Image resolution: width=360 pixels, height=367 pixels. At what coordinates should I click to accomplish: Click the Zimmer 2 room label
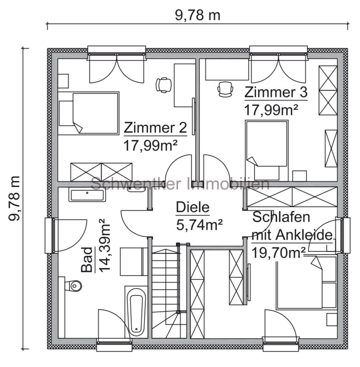coord(155,128)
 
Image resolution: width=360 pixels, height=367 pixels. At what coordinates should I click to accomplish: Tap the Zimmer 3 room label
coord(276,93)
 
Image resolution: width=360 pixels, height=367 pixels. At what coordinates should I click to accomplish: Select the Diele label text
coord(192,207)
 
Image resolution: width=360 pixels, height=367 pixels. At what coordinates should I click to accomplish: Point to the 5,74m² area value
coord(199,225)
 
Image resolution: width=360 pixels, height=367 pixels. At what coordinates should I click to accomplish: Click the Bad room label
coord(87,260)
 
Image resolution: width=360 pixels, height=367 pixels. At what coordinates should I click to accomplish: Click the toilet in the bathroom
coord(75,286)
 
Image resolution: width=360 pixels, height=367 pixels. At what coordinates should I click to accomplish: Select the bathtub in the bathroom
coord(136,314)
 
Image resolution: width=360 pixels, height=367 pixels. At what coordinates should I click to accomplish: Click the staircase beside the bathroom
coord(165,292)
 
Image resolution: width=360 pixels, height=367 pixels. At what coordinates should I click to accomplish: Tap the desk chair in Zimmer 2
coord(163,84)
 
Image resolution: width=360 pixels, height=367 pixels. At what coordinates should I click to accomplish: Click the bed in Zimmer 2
coord(89,113)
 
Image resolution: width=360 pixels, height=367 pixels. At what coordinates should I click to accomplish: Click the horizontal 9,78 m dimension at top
coord(197,16)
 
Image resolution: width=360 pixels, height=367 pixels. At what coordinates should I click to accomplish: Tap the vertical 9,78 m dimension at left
coord(14,198)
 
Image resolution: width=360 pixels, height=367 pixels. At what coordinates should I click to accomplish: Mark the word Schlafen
coord(281,217)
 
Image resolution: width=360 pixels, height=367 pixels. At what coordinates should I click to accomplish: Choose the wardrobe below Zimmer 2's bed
coord(101,172)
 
